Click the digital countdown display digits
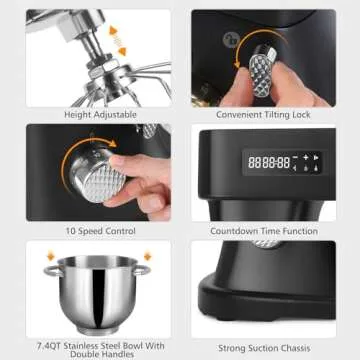tap(269, 162)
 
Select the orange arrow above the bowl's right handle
tap(147, 255)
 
